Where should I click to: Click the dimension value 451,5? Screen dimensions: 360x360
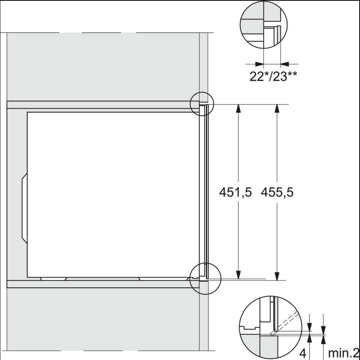[x=235, y=193]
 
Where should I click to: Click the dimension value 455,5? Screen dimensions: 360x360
[x=277, y=193]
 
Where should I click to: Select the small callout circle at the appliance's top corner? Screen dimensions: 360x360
[x=202, y=104]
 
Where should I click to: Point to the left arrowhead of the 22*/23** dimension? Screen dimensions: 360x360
[x=260, y=63]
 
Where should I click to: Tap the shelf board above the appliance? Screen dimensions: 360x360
[x=100, y=105]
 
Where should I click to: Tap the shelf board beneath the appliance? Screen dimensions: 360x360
[x=100, y=284]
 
